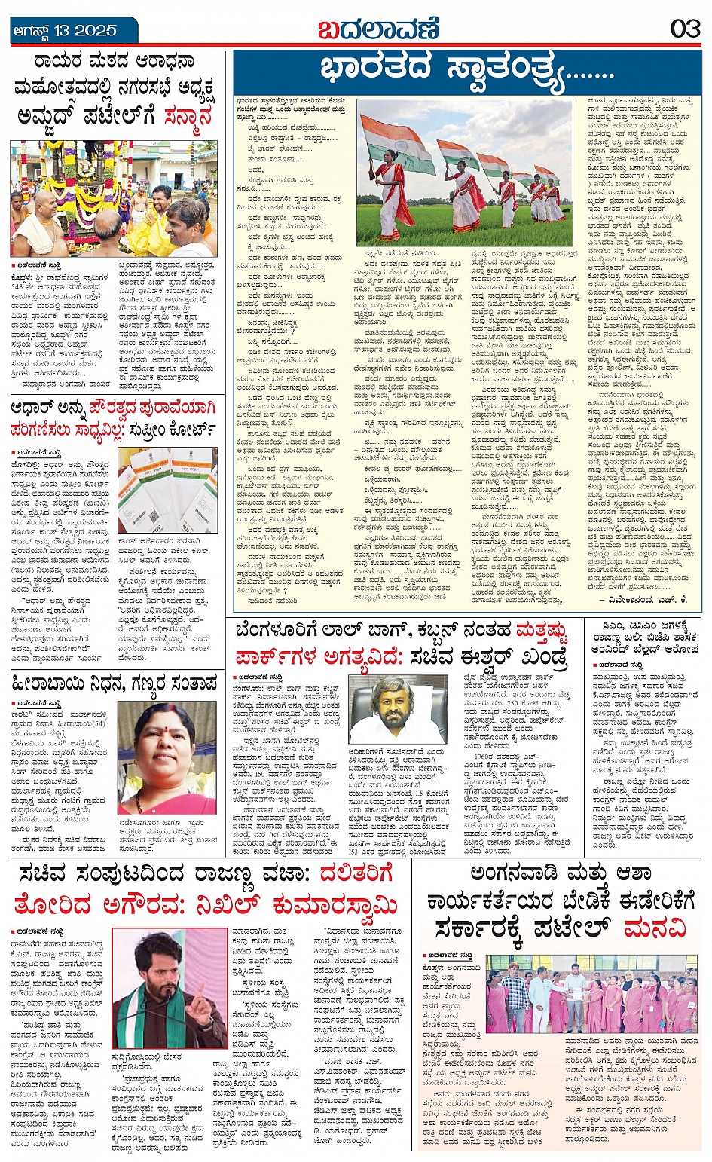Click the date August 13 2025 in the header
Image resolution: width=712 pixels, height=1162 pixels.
pyautogui.click(x=65, y=31)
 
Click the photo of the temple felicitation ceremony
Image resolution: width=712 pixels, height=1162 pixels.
pyautogui.click(x=113, y=197)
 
